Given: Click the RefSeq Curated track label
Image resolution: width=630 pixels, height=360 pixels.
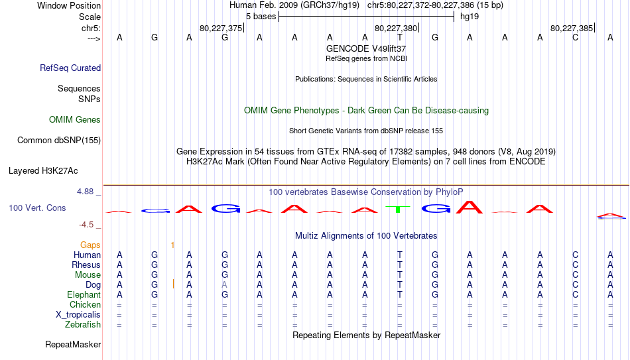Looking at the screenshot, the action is pyautogui.click(x=70, y=68).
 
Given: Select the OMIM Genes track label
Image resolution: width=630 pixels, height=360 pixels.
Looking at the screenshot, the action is pyautogui.click(x=75, y=120).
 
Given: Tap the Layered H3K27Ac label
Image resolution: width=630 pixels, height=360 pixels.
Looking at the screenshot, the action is pyautogui.click(x=43, y=171).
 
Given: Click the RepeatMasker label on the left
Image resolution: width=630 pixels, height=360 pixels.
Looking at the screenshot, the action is pyautogui.click(x=73, y=344).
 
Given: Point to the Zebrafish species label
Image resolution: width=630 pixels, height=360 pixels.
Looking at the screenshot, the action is pyautogui.click(x=83, y=324).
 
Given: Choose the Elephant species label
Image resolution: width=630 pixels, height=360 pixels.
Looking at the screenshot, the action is pyautogui.click(x=84, y=294).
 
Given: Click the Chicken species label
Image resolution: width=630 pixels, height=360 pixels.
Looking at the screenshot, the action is pyautogui.click(x=85, y=304).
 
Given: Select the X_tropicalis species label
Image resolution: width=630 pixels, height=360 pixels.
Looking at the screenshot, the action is pyautogui.click(x=78, y=315).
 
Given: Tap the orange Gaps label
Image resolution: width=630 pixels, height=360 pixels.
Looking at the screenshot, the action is pyautogui.click(x=90, y=245).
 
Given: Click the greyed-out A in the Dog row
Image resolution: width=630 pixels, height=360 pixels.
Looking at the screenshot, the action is pyautogui.click(x=225, y=285).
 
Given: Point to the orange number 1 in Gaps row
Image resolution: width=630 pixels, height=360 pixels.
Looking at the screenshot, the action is pyautogui.click(x=172, y=245).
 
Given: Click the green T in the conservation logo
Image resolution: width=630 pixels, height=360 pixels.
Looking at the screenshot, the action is pyautogui.click(x=398, y=209).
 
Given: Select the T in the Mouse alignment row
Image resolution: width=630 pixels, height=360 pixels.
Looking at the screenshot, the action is pyautogui.click(x=400, y=275).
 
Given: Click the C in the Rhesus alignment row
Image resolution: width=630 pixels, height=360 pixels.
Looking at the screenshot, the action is pyautogui.click(x=576, y=265).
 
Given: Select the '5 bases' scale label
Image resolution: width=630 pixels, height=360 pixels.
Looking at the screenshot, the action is pyautogui.click(x=261, y=17).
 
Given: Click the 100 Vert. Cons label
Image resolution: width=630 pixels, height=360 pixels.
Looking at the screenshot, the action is pyautogui.click(x=37, y=208).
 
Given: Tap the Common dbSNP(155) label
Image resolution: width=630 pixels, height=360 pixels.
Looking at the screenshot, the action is pyautogui.click(x=59, y=141).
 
